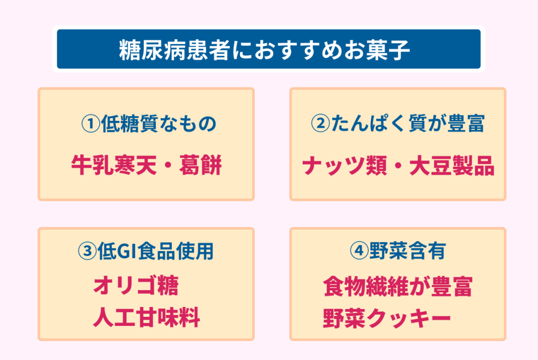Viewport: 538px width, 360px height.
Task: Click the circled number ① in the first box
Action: (x=90, y=124)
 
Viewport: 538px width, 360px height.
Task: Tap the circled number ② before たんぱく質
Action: (x=320, y=123)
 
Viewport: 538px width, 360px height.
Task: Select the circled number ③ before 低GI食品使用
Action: (x=87, y=251)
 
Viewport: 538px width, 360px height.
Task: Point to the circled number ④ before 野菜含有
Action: (x=359, y=251)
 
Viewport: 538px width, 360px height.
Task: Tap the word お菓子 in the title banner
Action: (x=377, y=50)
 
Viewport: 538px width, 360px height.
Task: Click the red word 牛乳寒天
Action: (x=114, y=165)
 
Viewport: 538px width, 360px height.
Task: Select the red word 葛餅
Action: (x=200, y=165)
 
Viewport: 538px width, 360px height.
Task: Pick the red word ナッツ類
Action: (x=345, y=166)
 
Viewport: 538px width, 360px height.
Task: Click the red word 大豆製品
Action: (x=452, y=166)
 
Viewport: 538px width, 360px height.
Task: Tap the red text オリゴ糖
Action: (x=136, y=285)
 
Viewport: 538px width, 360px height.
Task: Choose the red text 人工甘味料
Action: (x=147, y=317)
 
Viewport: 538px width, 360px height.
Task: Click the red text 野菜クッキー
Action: (x=387, y=318)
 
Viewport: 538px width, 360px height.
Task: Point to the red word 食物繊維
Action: (x=366, y=286)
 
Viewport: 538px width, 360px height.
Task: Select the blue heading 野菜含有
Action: (x=408, y=251)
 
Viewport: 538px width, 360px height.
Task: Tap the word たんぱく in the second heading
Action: (x=369, y=124)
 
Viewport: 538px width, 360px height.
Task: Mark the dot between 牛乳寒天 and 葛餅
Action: (x=168, y=166)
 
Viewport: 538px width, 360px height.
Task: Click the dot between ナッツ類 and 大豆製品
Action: (x=398, y=166)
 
